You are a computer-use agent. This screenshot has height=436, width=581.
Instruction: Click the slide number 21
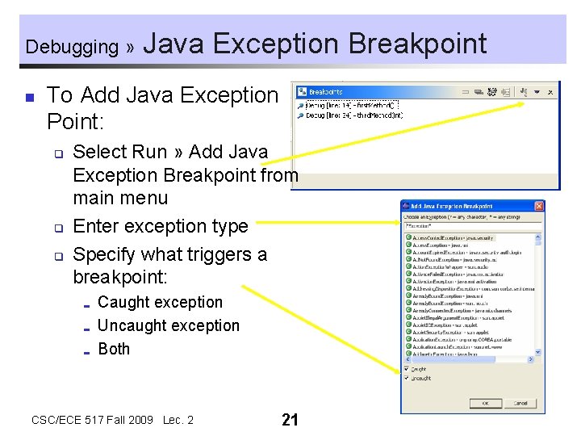290,419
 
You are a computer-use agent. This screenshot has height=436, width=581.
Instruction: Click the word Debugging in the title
72,46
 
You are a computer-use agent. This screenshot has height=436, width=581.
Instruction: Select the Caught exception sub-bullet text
160,302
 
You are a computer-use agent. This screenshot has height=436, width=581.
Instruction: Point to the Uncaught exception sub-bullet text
169,325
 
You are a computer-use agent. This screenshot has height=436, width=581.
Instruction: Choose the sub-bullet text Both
114,349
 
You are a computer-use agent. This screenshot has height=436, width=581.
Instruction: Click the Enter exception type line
161,226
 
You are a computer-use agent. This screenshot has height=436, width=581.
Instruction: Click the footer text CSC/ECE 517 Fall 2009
93,420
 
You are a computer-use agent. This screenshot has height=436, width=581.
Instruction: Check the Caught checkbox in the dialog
407,369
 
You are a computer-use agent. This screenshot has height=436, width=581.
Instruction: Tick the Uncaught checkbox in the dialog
407,378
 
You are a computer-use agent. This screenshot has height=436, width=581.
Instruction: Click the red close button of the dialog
538,207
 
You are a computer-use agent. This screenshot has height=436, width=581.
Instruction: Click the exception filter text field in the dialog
472,226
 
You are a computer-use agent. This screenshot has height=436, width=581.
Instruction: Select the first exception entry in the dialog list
452,238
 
